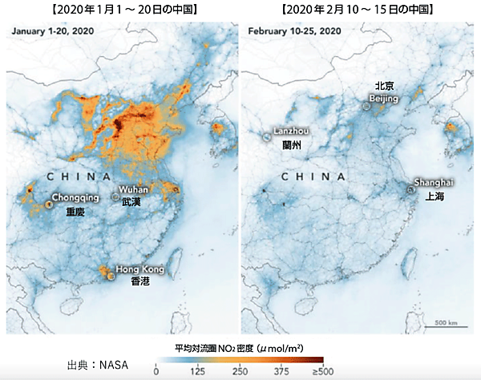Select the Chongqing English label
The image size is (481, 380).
tap(75, 197)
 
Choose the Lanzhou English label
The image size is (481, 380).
tap(291, 131)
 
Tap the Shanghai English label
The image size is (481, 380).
tap(434, 182)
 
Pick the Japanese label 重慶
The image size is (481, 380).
tap(75, 213)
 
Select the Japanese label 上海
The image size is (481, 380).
tap(436, 196)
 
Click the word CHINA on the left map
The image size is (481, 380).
tap(79, 176)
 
